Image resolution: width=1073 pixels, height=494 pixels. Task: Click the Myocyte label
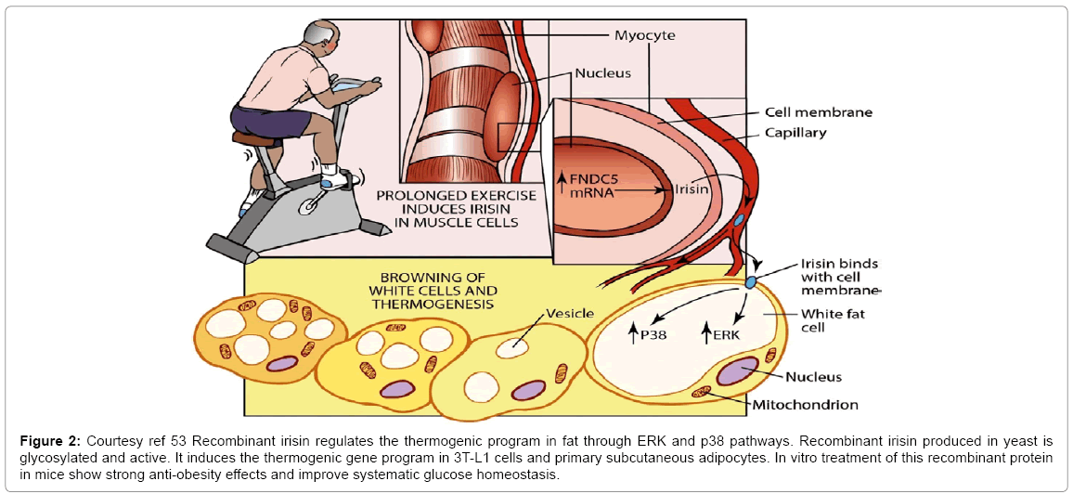[x=645, y=36]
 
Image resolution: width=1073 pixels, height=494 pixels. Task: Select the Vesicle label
[x=570, y=313]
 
